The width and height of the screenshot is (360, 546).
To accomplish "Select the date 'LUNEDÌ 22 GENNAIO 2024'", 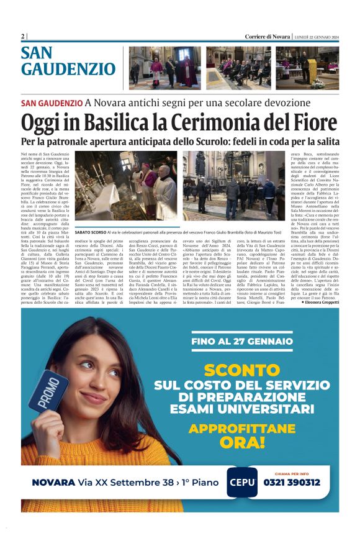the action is (x=316, y=37).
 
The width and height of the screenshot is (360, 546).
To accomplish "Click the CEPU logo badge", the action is (x=241, y=482).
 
